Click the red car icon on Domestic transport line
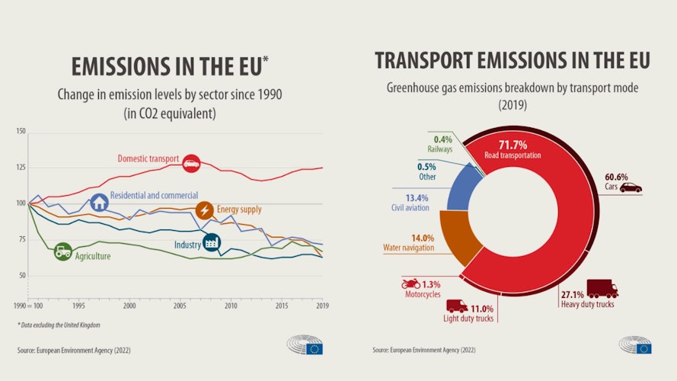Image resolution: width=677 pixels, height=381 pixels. coord(191,163)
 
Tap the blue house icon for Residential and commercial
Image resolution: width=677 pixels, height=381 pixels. coord(99,202)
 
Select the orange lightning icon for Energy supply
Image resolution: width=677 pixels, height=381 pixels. coord(204,211)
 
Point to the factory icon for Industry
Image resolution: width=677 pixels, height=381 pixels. coord(212,242)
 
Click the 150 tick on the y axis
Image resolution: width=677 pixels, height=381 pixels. coord(21,131)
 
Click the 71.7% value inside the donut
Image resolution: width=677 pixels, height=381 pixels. coord(513,144)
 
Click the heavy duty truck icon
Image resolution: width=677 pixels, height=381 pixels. coord(602,289)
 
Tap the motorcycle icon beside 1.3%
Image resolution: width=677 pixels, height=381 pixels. coord(410,284)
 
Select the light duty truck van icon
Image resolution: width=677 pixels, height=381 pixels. coord(457,306)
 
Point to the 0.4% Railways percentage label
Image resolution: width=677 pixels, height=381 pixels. coord(443,139)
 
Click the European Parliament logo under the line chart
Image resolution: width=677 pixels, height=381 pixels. coord(305,345)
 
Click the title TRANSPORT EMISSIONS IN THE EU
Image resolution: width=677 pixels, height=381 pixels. coord(512,61)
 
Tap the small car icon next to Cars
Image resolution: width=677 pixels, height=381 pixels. coord(631,187)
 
